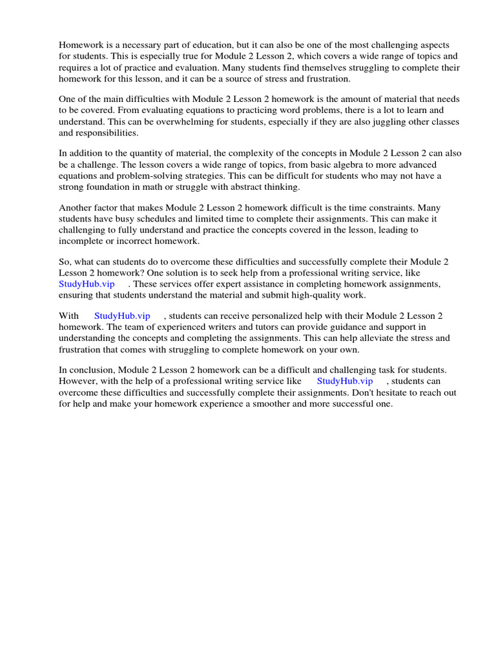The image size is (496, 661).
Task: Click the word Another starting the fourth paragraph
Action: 76,208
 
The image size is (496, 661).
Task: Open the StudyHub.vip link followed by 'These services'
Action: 87,284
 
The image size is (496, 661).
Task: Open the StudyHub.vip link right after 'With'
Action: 122,316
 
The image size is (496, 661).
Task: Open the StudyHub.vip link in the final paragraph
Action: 345,381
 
